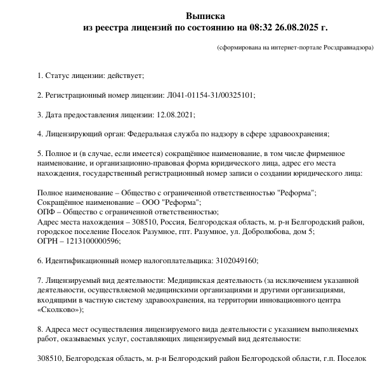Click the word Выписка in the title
(x=206, y=15)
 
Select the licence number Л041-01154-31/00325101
(x=209, y=95)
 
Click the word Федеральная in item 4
(x=150, y=134)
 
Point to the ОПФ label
(x=47, y=212)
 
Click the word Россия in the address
(x=171, y=221)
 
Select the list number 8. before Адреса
(x=41, y=330)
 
